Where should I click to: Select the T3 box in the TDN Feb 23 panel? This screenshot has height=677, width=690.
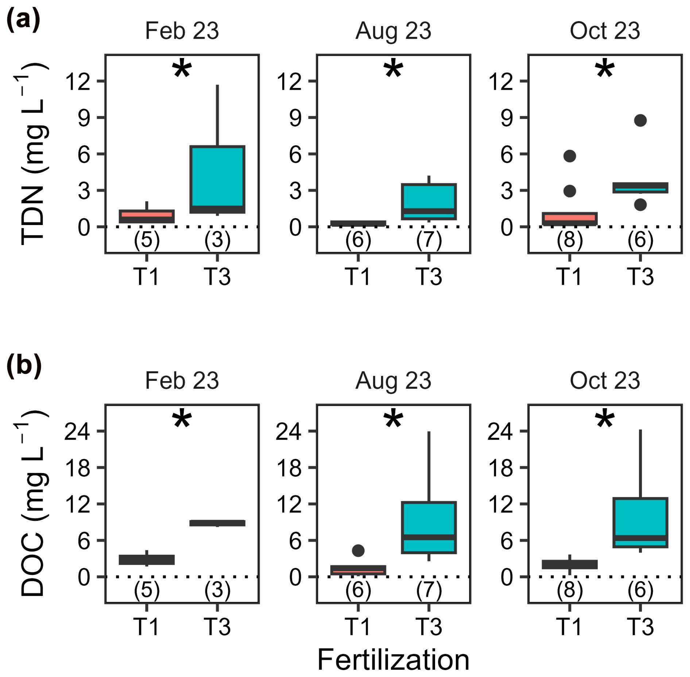point(217,179)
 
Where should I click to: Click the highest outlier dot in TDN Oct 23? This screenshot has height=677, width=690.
point(640,120)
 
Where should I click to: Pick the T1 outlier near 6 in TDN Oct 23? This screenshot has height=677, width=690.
point(569,156)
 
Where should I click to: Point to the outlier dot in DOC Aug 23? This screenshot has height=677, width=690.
point(358,550)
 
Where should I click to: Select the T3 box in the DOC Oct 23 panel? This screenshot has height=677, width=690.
point(640,522)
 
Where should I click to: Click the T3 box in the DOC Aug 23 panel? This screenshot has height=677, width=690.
point(429,527)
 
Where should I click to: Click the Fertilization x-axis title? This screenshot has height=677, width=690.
point(393,659)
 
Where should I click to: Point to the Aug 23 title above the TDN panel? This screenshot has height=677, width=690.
point(393,31)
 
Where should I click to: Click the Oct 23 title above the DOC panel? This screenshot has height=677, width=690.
point(605,380)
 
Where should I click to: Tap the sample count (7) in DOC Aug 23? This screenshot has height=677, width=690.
point(429,590)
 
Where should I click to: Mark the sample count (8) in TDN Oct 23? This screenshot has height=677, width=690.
point(569,240)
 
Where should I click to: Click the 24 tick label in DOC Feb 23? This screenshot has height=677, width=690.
point(77,432)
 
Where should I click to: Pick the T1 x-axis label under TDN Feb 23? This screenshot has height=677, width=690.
point(146,276)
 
